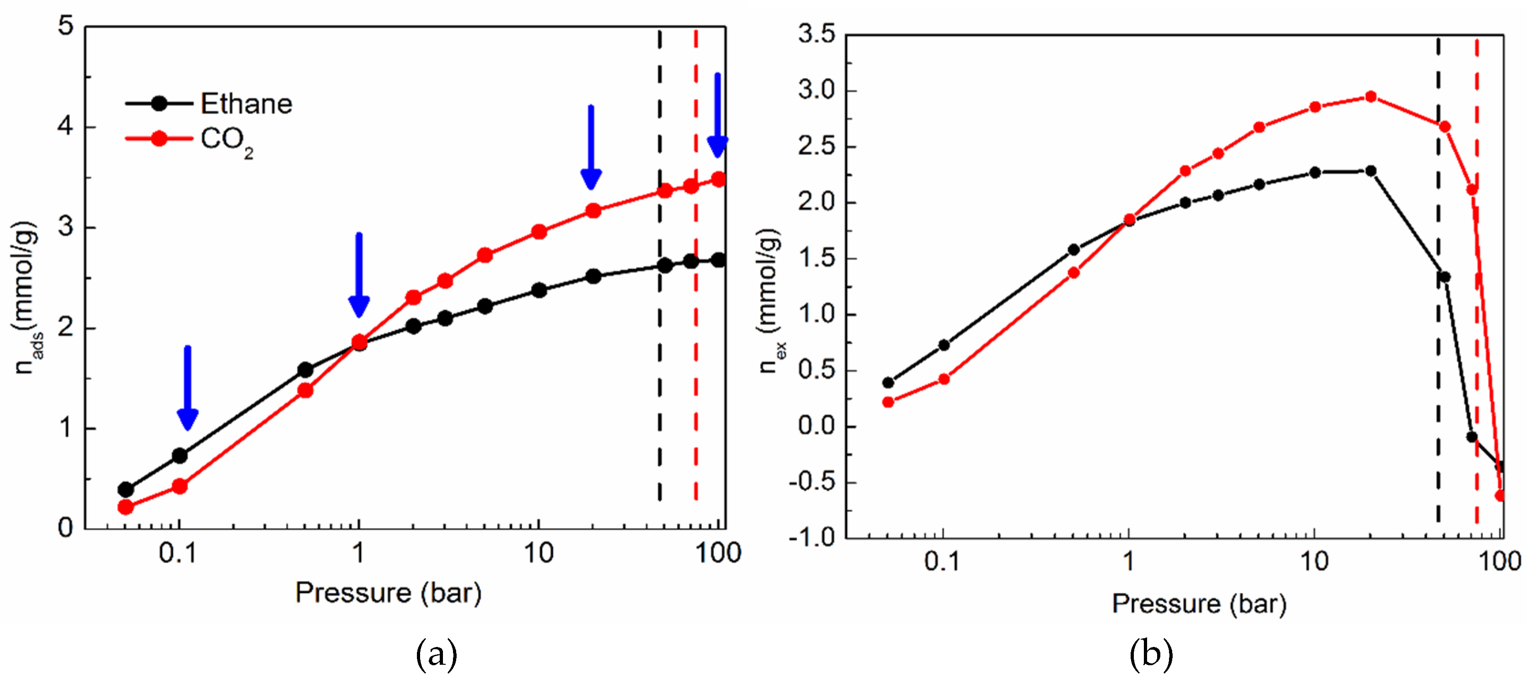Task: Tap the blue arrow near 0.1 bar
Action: click(187, 388)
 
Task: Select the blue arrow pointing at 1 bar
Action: click(358, 276)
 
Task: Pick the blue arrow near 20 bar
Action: click(591, 148)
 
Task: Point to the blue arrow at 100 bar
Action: click(717, 115)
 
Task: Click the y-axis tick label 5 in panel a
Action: click(66, 26)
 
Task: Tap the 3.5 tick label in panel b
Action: click(816, 34)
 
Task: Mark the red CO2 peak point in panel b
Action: click(1370, 97)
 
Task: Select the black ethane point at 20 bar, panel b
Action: click(1370, 171)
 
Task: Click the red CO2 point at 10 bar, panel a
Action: click(539, 232)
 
